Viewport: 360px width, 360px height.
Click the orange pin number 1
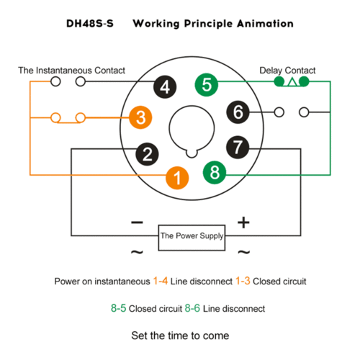(x=177, y=178)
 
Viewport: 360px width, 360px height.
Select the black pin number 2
(x=147, y=154)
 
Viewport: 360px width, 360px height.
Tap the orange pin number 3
(x=140, y=117)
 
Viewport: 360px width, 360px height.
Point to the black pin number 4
(x=165, y=86)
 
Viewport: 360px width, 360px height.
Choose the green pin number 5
(x=207, y=85)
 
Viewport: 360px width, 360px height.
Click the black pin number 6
(x=238, y=112)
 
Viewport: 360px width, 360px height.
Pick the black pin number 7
(x=238, y=147)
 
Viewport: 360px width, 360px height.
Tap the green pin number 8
(x=215, y=172)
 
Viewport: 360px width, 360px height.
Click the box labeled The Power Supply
(x=192, y=238)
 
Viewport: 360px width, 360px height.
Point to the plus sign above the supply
(x=243, y=222)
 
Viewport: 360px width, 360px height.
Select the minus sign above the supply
(x=137, y=222)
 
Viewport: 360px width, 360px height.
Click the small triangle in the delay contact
(x=292, y=82)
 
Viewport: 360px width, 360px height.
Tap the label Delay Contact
(x=287, y=71)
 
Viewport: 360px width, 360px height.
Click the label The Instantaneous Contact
(x=71, y=71)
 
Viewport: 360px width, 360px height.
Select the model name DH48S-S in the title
(x=90, y=24)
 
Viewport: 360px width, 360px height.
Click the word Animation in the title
(x=265, y=24)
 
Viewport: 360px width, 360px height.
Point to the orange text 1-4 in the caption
(x=161, y=281)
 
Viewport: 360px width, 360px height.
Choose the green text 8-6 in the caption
(x=192, y=308)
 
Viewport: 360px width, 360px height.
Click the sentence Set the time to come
(x=180, y=336)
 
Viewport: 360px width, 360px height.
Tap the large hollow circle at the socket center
(x=169, y=128)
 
